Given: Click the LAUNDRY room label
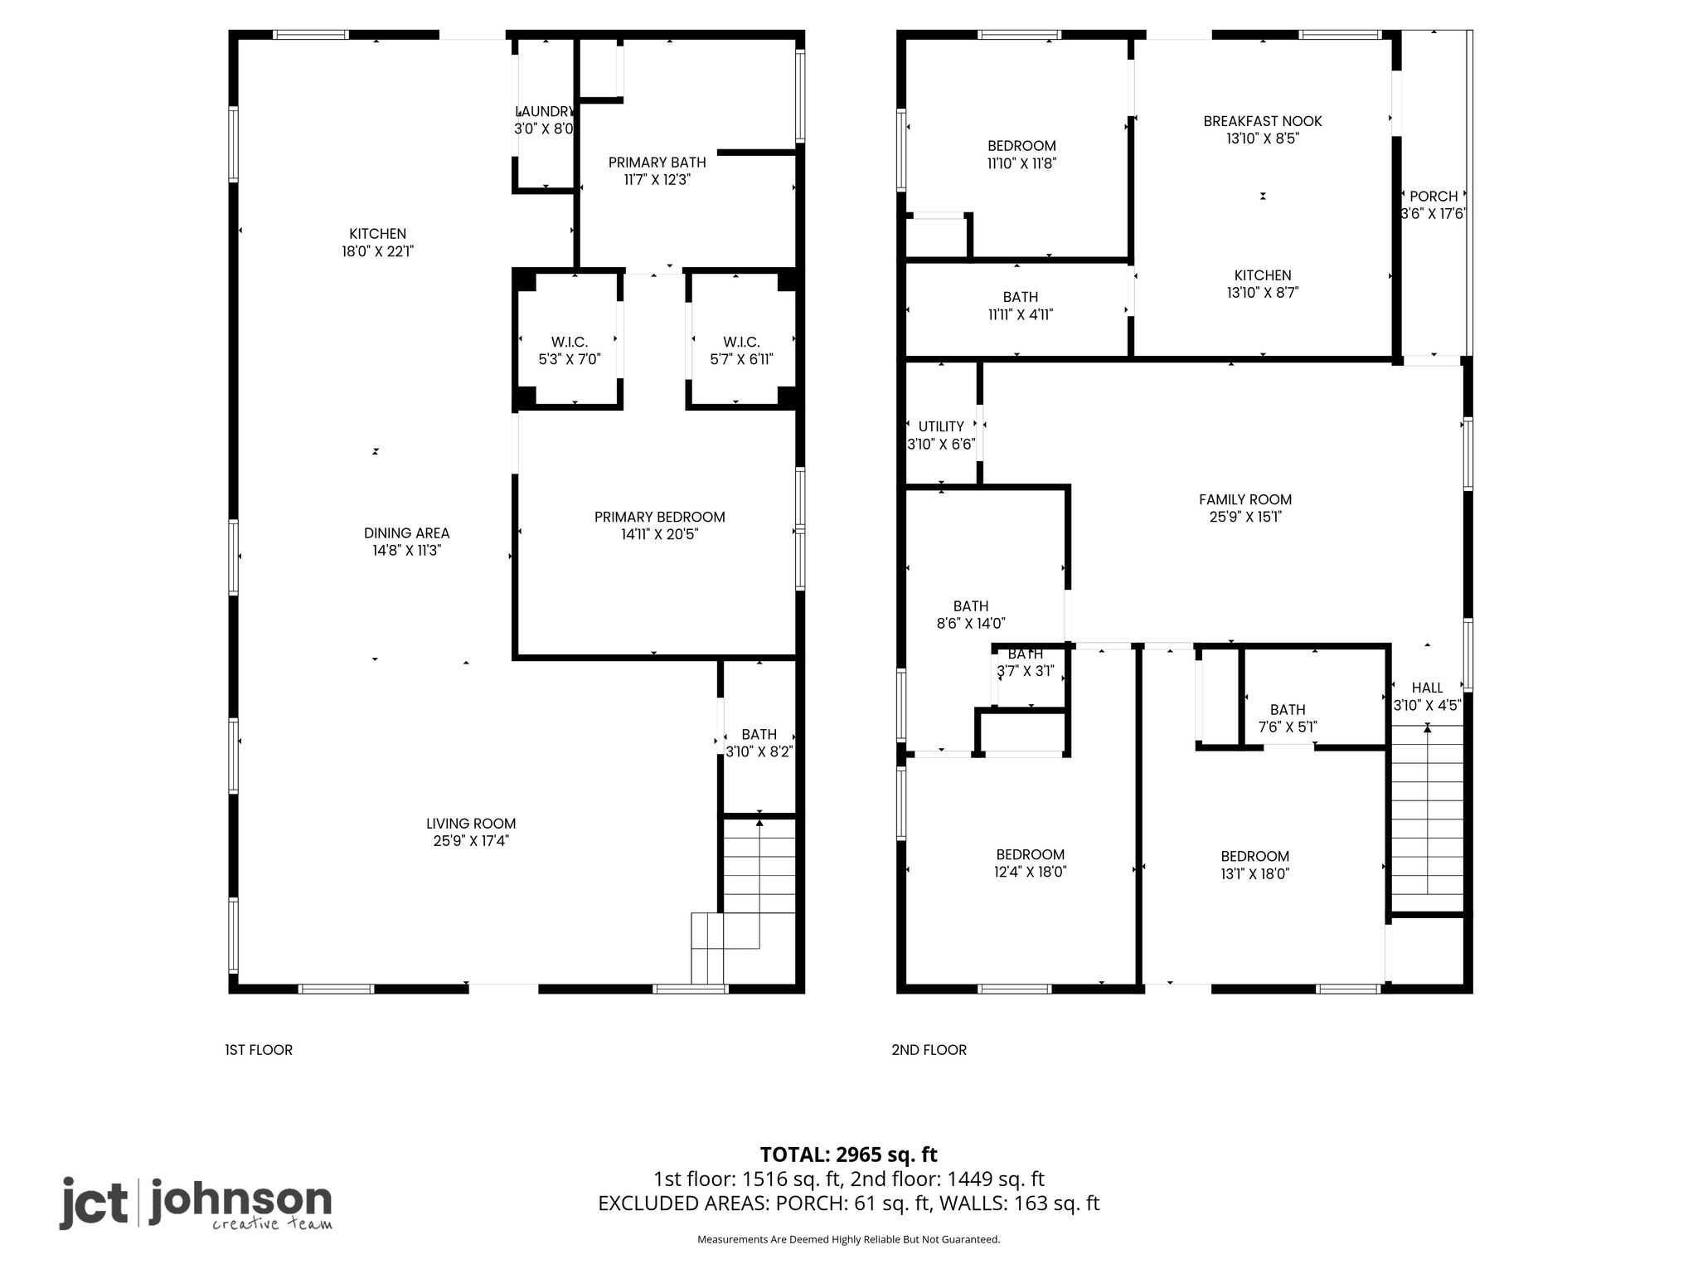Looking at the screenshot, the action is click(544, 112).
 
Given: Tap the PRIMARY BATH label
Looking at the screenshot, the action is click(657, 163).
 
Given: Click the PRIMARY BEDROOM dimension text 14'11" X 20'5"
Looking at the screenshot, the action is click(660, 535).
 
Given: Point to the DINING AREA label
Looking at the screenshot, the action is click(406, 533).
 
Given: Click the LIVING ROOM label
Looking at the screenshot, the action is click(471, 824).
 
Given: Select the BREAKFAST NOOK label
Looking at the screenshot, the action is click(1263, 121).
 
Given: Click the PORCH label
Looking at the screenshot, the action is click(1434, 197).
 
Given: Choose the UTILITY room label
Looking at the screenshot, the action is click(941, 427).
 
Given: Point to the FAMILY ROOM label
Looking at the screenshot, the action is click(1245, 499).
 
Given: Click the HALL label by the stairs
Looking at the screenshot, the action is click(1427, 688).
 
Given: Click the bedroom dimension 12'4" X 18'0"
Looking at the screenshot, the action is click(1031, 872).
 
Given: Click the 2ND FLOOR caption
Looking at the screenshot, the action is click(929, 1050).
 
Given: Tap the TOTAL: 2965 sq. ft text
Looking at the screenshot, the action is click(848, 1155).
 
